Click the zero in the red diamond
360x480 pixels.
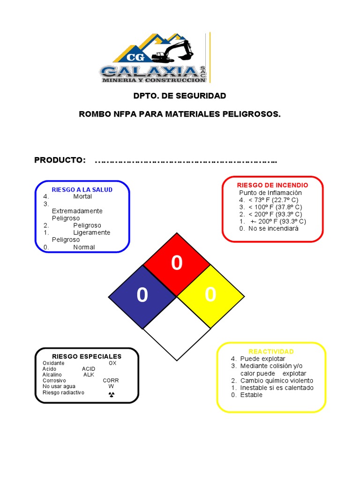[x=177, y=263]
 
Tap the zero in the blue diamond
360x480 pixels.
[x=142, y=296]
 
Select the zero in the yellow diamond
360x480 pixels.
[x=210, y=295]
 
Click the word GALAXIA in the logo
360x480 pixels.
[x=149, y=71]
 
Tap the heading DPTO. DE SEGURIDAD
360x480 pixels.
[x=180, y=96]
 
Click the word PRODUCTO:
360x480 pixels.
[x=60, y=160]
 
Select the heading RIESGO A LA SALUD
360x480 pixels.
[x=82, y=189]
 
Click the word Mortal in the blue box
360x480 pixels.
[x=82, y=196]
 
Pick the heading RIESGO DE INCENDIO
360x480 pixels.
[x=272, y=185]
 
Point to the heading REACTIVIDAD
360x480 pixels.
[x=271, y=352]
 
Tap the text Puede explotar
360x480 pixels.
[x=262, y=359]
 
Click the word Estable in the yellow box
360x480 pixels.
[x=251, y=395]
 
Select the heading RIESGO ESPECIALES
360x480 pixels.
[x=88, y=356]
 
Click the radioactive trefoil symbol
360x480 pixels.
[x=111, y=395]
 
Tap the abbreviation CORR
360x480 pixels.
[x=111, y=381]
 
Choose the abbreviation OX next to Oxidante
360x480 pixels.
[x=112, y=363]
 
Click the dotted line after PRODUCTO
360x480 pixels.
[x=186, y=162]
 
